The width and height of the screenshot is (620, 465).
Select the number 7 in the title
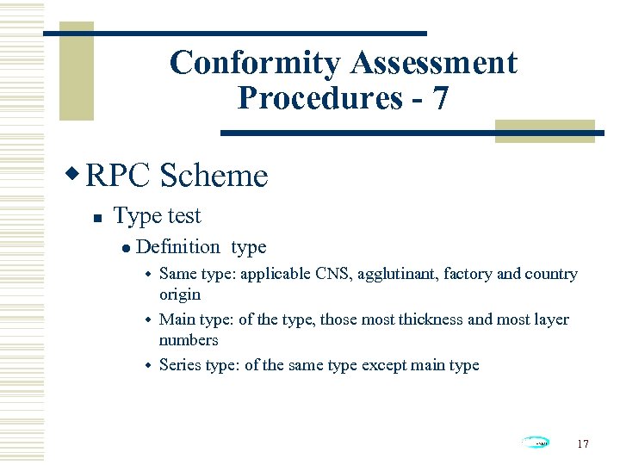pos(440,98)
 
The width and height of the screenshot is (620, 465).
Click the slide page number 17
pos(583,443)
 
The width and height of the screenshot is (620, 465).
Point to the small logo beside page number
pos(536,443)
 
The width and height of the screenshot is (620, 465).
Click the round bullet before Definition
pos(127,247)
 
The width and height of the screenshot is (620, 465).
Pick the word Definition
pos(178,247)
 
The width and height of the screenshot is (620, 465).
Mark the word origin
pos(180,294)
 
